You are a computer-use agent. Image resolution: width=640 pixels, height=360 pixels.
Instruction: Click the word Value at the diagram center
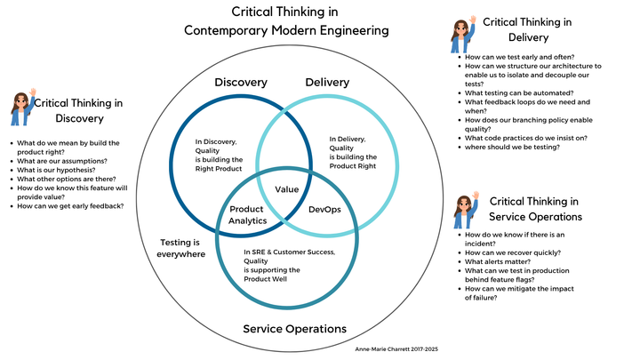coord(286,189)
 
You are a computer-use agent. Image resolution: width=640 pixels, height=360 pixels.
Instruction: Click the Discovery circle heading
coord(240,83)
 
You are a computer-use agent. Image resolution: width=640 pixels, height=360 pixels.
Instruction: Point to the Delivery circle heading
coord(327,83)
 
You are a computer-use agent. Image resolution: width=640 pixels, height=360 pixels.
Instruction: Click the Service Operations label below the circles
coord(294,329)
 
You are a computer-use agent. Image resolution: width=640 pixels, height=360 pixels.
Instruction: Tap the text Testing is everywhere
coord(182,248)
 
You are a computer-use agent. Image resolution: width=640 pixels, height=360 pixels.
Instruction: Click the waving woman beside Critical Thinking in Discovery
coord(21,108)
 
